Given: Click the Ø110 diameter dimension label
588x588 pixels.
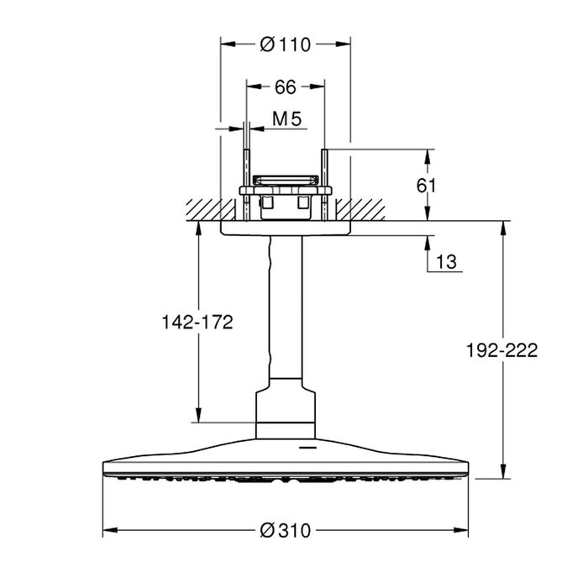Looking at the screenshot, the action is tap(286, 45).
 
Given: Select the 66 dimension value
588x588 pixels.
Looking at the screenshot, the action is tap(286, 87).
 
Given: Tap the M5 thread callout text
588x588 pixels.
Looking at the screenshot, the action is tap(287, 119).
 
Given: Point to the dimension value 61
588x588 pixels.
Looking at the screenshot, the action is tap(427, 186).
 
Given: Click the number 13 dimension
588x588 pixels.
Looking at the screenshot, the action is tap(446, 262).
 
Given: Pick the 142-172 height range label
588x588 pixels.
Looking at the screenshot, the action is tap(197, 322).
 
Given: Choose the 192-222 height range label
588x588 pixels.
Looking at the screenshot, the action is tap(501, 350).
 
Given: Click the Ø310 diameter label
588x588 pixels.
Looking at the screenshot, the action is tap(286, 531).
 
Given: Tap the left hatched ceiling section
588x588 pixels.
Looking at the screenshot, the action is tap(211, 210).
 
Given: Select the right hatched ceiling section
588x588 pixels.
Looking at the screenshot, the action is tap(360, 210).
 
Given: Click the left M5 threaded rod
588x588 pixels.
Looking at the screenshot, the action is tap(246, 185).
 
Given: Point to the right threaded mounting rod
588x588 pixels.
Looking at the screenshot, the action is tap(325, 185).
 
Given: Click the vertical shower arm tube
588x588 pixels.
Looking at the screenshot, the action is tap(286, 307).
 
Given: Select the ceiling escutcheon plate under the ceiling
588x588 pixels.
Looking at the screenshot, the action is tap(286, 228).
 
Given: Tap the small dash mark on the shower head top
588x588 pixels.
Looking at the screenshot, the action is tap(307, 448).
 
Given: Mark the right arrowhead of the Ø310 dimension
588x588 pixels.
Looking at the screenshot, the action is tap(461, 530).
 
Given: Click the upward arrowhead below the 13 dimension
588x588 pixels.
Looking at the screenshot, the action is tap(427, 244).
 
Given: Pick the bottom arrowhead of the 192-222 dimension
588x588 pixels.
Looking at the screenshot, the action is tap(504, 471).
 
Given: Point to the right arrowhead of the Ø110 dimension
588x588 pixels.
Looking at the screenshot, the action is tap(344, 45).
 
